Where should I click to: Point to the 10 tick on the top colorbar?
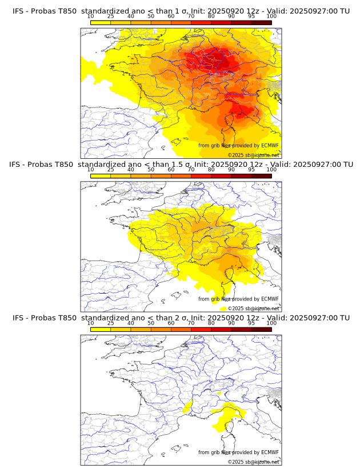pos(90,17)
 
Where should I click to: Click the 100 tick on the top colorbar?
pos(271,17)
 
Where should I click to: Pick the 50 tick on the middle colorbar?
pos(151,170)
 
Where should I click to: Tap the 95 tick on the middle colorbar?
pos(251,170)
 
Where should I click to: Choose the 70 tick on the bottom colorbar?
pos(191,323)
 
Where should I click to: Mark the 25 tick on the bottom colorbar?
pos(111,323)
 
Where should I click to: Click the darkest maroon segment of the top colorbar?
pos(261,22)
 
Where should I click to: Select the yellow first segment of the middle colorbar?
pos(101,175)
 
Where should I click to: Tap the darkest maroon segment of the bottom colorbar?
pos(261,328)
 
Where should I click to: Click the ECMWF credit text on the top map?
pos(238,146)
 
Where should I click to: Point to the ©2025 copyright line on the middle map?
pos(253,308)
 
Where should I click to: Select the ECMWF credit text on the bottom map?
pos(238,452)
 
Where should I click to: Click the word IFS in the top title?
pos(19,11)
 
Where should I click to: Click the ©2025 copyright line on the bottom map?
pos(253,462)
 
